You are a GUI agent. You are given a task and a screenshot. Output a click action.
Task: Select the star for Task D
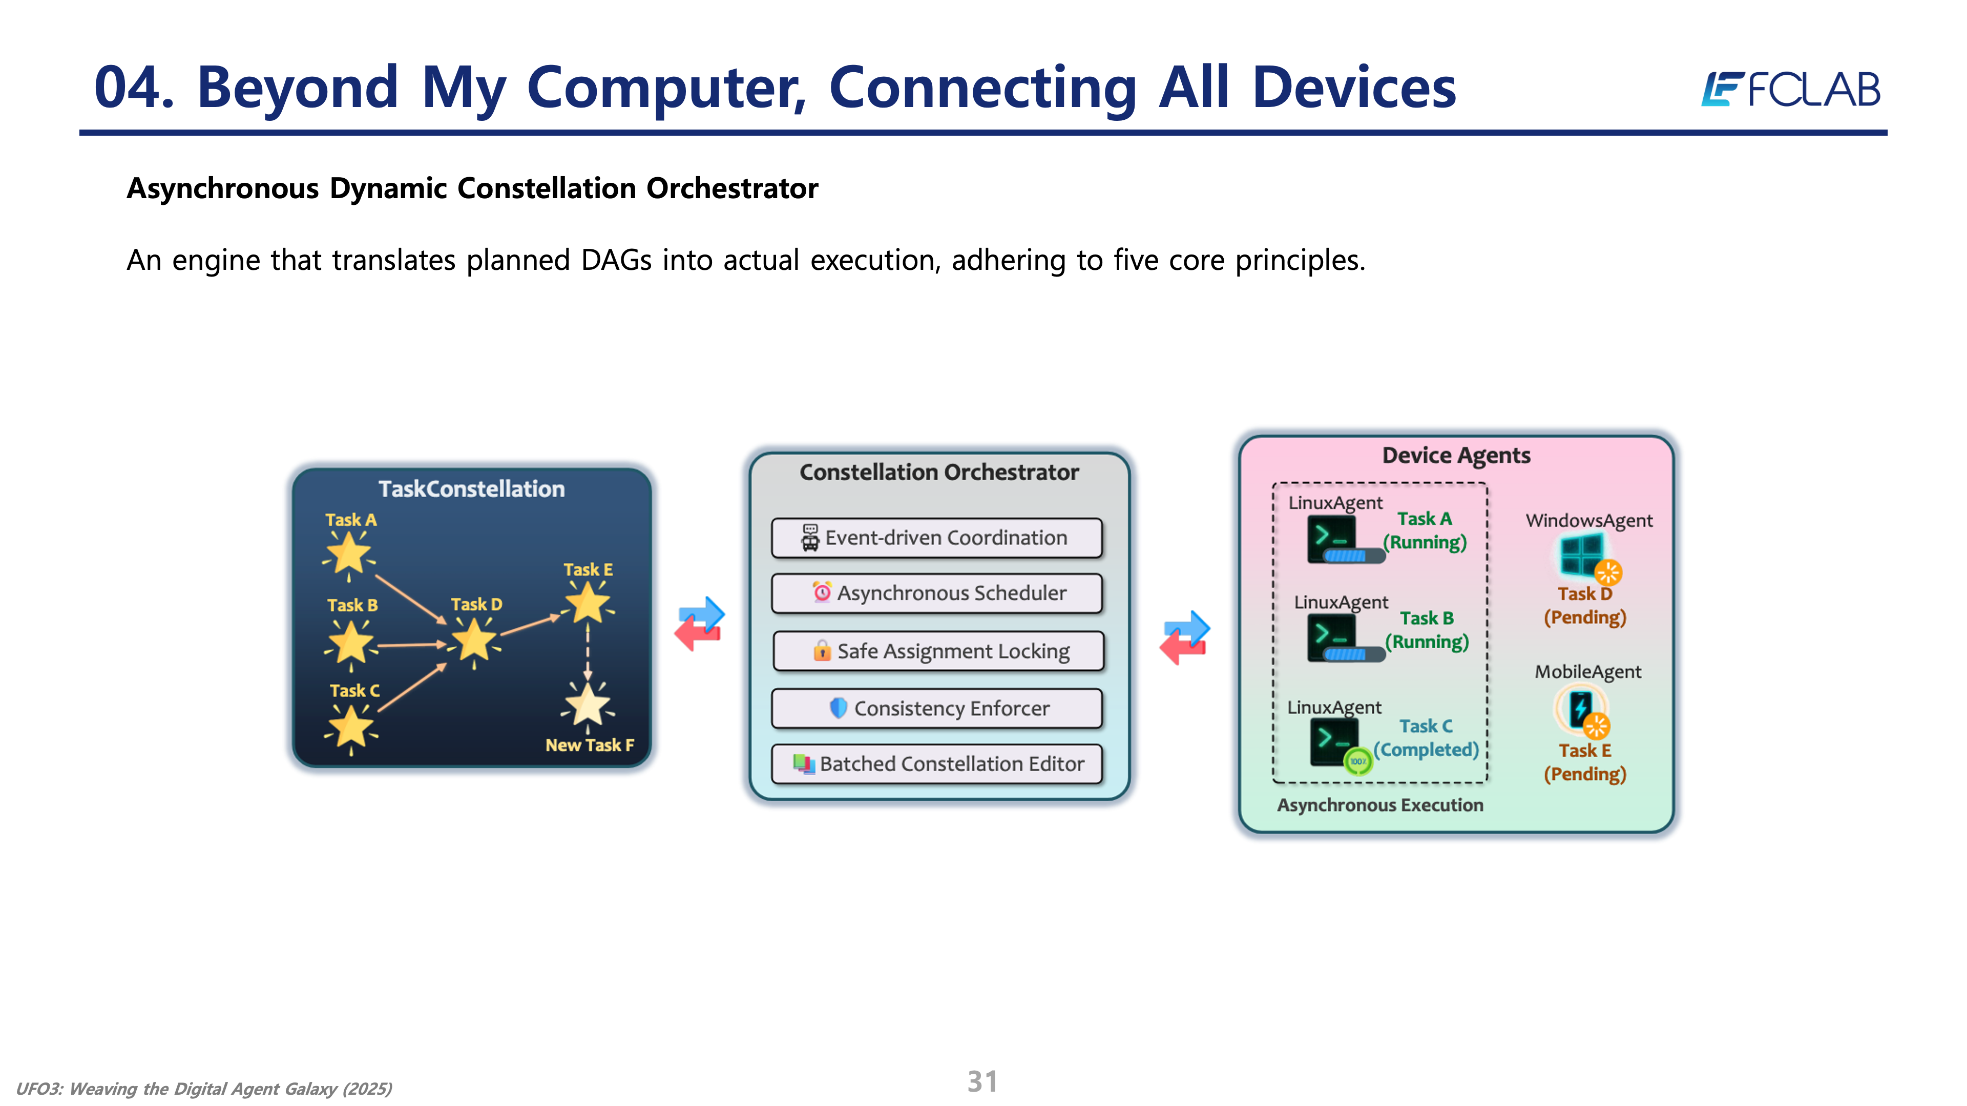tap(474, 639)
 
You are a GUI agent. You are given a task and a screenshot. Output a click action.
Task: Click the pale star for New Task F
tap(587, 704)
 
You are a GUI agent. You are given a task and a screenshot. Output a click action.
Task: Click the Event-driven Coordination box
tap(936, 538)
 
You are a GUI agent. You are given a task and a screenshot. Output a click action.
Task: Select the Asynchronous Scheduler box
tap(936, 593)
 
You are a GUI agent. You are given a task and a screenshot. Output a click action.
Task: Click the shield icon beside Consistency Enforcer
tap(838, 708)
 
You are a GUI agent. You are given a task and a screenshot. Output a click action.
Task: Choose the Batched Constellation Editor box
tap(936, 764)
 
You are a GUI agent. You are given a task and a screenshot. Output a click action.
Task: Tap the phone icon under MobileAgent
tap(1580, 708)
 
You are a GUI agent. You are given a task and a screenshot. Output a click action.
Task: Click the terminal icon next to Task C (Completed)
tap(1334, 740)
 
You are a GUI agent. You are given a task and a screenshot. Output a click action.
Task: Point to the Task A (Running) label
tap(1425, 530)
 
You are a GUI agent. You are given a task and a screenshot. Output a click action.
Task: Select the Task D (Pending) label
tap(1584, 605)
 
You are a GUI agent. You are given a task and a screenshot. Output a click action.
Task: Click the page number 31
tap(982, 1081)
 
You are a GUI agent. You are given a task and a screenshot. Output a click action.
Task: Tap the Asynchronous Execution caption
tap(1380, 805)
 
